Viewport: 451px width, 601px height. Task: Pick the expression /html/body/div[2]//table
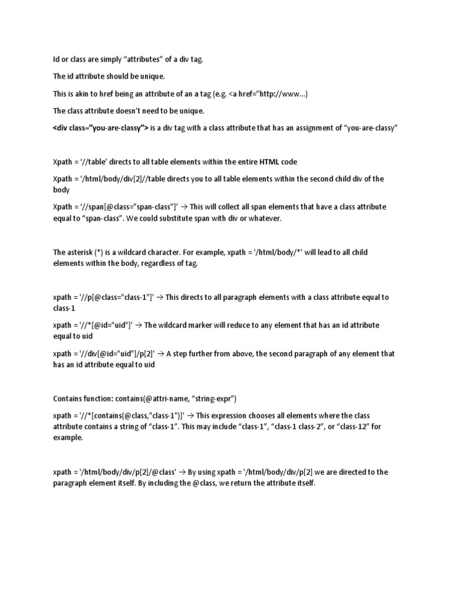tap(117, 178)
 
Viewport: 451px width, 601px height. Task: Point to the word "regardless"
tap(151, 264)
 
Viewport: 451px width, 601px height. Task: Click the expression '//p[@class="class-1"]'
tap(118, 298)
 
